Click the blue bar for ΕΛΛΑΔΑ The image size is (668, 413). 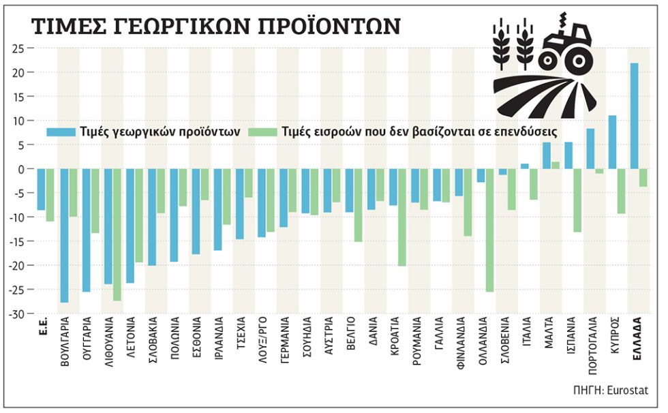click(634, 116)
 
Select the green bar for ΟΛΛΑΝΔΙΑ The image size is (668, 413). click(489, 230)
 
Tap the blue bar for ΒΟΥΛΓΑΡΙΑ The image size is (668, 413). click(64, 235)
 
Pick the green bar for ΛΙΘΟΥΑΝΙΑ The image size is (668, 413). click(117, 234)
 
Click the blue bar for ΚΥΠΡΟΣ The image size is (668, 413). click(612, 142)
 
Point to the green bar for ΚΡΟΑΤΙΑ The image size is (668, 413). click(401, 217)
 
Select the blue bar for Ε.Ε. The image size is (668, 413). click(41, 189)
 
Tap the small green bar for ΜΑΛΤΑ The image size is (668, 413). click(555, 165)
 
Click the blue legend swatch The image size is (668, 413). click(61, 132)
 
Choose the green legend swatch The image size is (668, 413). click(262, 132)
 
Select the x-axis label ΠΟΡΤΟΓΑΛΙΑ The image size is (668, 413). click(592, 346)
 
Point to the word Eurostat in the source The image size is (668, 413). click(628, 390)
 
